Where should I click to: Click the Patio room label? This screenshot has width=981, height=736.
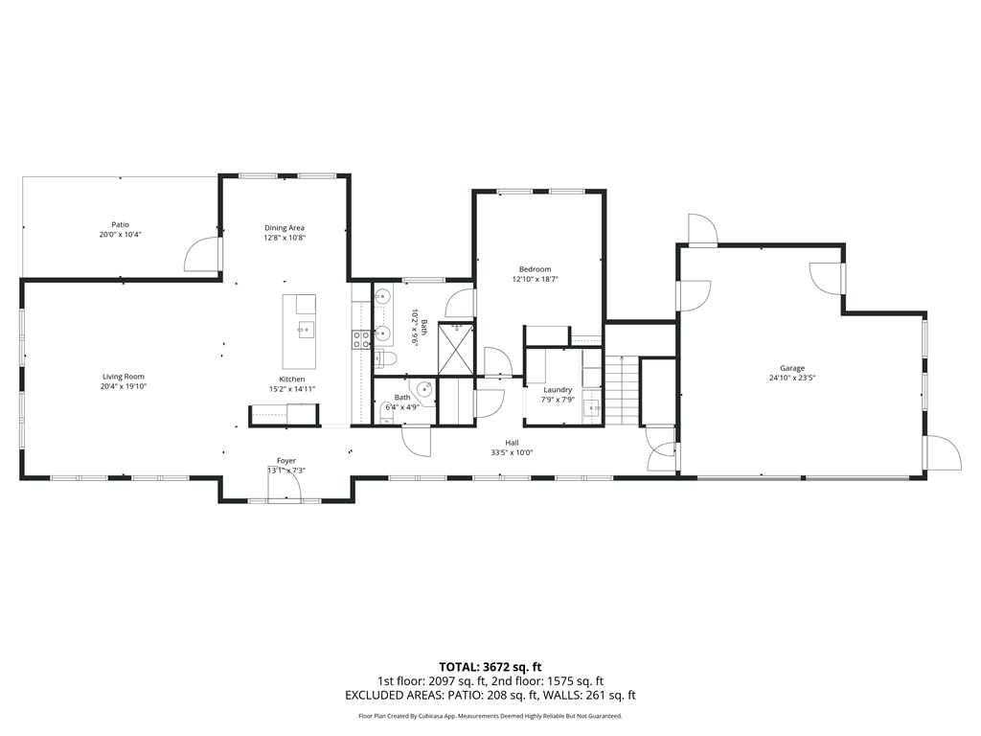[x=120, y=224]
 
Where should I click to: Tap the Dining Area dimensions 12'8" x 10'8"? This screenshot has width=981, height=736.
[x=285, y=238]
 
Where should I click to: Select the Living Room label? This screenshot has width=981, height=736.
[x=124, y=377]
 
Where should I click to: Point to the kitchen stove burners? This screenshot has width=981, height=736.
[x=362, y=337]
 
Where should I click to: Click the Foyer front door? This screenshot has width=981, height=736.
[x=285, y=486]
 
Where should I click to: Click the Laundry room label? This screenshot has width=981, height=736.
[x=558, y=389]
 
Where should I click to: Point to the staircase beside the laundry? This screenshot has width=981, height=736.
[x=622, y=391]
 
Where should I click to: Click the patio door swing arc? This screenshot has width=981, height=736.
[x=198, y=254]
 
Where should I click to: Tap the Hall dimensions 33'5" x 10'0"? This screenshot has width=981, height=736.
[x=512, y=452]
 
